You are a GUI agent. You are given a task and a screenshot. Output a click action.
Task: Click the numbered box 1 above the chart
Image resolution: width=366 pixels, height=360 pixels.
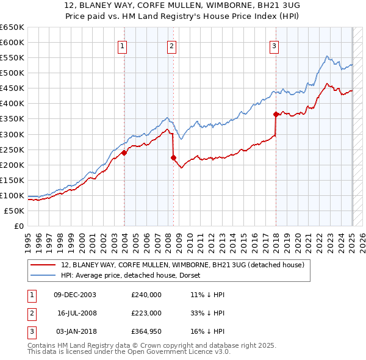(x=123, y=45)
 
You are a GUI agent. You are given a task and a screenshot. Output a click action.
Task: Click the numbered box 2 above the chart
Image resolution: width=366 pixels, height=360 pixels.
(x=172, y=45)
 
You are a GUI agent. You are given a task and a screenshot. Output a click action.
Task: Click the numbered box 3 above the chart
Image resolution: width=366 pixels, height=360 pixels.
(x=274, y=45)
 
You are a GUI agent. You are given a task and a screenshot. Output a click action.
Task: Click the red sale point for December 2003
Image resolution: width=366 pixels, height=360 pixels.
(x=124, y=153)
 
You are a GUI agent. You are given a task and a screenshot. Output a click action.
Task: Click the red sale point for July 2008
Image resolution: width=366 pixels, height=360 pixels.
(x=173, y=157)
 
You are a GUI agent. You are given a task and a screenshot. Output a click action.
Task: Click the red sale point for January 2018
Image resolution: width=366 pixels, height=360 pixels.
(x=276, y=113)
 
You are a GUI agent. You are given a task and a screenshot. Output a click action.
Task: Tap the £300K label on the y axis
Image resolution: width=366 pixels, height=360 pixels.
(x=12, y=134)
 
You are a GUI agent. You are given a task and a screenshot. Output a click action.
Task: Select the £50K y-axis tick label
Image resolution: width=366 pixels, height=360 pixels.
(x=15, y=211)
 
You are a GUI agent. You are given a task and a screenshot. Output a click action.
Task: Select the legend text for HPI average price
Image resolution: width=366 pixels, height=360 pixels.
(x=135, y=275)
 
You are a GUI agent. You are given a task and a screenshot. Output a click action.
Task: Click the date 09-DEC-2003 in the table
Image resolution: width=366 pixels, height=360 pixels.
(x=75, y=294)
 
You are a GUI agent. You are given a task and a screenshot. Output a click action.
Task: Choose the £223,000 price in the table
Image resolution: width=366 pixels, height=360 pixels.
(x=146, y=313)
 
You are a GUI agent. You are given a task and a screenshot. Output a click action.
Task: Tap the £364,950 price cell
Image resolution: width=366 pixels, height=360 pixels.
(x=146, y=331)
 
